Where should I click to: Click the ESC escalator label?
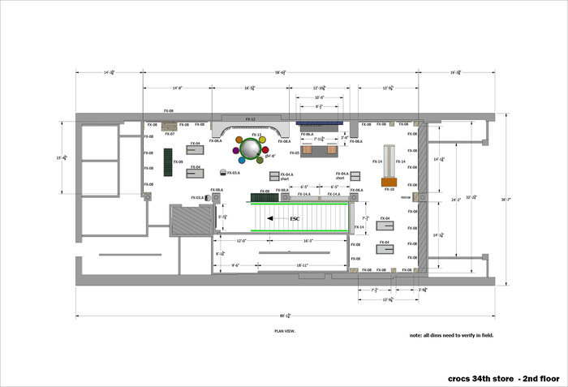pyautogui.click(x=295, y=219)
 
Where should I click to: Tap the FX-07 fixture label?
pyautogui.click(x=170, y=134)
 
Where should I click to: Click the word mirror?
pyautogui.click(x=406, y=196)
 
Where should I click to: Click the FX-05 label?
pyautogui.click(x=295, y=153)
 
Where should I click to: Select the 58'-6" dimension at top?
pyautogui.click(x=280, y=73)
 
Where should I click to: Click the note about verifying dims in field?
pyautogui.click(x=451, y=335)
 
